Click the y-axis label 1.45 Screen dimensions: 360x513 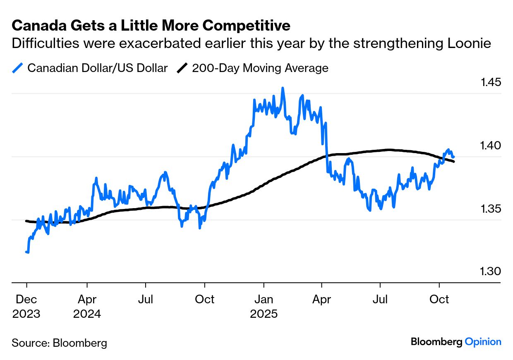(491, 82)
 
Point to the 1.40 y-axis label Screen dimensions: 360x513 (491, 145)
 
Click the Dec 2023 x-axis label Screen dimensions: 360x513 (26, 306)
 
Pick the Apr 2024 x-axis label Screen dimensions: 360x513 (87, 306)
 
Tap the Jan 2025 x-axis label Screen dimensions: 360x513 (264, 306)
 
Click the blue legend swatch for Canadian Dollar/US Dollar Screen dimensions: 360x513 (17, 68)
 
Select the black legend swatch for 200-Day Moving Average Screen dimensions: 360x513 (182, 68)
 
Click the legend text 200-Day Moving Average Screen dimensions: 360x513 (260, 68)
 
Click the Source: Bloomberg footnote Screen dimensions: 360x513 (59, 343)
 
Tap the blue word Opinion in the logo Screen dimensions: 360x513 (483, 342)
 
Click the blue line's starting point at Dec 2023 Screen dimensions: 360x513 (26, 252)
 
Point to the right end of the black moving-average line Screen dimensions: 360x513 (454, 161)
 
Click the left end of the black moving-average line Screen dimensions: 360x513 (26, 221)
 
